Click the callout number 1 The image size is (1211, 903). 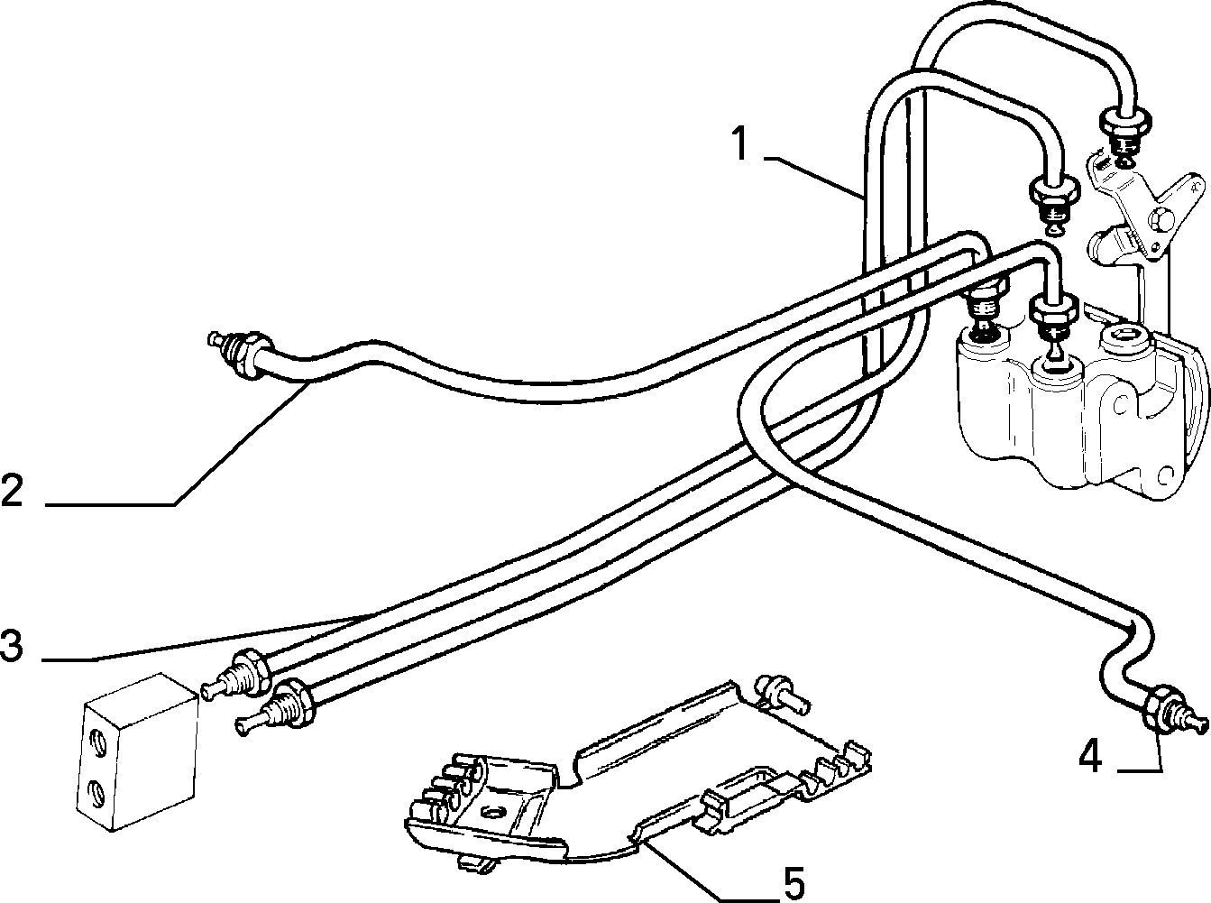point(740,143)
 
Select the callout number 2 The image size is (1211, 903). point(12,490)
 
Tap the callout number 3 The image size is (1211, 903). point(12,646)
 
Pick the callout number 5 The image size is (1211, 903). point(794,884)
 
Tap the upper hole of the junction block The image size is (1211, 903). point(96,743)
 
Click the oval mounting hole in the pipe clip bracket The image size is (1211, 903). point(490,812)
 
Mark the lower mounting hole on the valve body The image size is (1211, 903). point(1165,475)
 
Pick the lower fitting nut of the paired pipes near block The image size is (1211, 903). point(295,702)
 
